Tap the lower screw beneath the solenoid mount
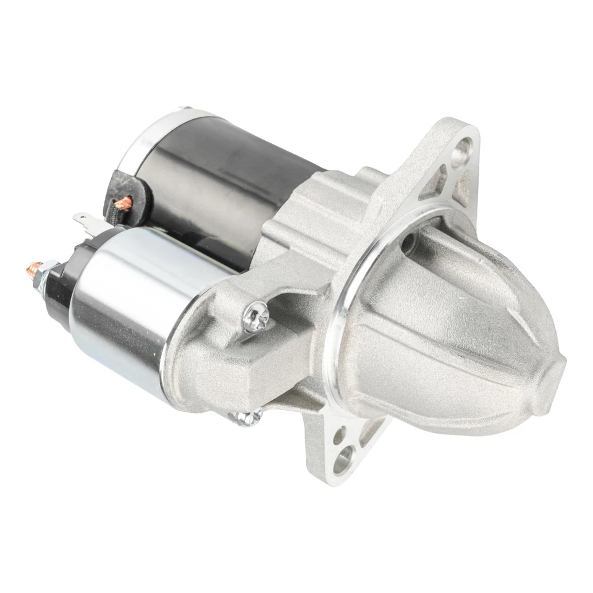tap(245, 418)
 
